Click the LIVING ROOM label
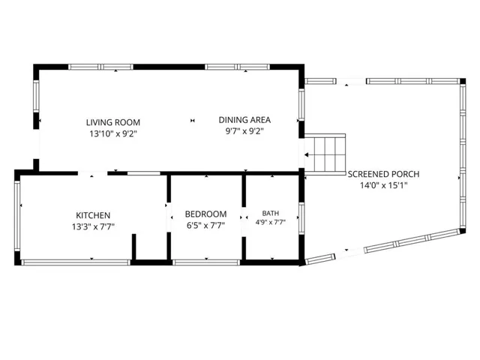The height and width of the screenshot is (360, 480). (x=113, y=122)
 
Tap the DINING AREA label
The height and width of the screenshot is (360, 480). (x=244, y=120)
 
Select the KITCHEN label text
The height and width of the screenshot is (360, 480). (x=93, y=215)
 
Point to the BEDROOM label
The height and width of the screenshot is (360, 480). (x=205, y=214)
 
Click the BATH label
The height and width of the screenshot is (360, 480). (x=271, y=213)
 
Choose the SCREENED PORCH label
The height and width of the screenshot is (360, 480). (x=383, y=174)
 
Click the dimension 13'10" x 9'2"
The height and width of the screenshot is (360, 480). (x=113, y=134)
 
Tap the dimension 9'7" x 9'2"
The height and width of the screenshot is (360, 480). (x=244, y=131)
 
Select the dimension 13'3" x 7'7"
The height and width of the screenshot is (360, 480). (x=93, y=226)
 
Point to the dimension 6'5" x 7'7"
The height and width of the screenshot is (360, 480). (x=205, y=226)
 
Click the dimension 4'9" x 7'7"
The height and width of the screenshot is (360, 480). (x=271, y=223)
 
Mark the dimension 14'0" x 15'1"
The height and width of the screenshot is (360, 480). (x=383, y=185)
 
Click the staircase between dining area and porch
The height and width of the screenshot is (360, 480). (x=325, y=154)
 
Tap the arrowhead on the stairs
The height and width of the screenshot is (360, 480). (x=306, y=155)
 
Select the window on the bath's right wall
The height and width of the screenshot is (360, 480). (x=301, y=218)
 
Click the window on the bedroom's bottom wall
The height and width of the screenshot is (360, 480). (x=206, y=262)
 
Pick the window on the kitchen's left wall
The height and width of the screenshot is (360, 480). (x=17, y=216)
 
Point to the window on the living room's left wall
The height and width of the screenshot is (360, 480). (x=36, y=97)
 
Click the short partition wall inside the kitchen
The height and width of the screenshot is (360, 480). (x=133, y=247)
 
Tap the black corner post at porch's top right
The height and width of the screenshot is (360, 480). (x=463, y=81)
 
